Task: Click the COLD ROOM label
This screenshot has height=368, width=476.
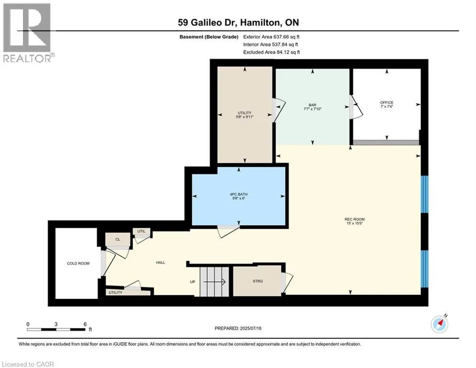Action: click(x=78, y=264)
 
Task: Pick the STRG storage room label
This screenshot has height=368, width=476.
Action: click(x=258, y=281)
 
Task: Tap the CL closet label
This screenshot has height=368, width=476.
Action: click(x=118, y=240)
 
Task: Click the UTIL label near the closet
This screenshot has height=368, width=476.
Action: click(x=142, y=231)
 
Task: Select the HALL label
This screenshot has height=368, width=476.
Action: click(x=161, y=263)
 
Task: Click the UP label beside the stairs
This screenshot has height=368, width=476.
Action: click(x=192, y=282)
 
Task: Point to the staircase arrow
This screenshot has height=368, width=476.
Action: click(x=214, y=282)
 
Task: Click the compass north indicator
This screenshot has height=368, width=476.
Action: click(x=440, y=324)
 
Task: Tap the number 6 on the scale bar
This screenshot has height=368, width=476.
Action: click(x=85, y=324)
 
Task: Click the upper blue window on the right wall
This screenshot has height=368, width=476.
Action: click(x=424, y=194)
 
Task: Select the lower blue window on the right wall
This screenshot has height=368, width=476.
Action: click(x=424, y=269)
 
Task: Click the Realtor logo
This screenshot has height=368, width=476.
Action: click(x=27, y=33)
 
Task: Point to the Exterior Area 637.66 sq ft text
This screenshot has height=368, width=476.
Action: click(x=271, y=37)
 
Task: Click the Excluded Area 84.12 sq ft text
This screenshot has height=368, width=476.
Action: click(x=272, y=52)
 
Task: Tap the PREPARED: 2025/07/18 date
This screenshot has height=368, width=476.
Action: click(x=238, y=328)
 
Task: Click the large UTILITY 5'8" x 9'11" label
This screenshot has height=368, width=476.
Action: click(x=244, y=115)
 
